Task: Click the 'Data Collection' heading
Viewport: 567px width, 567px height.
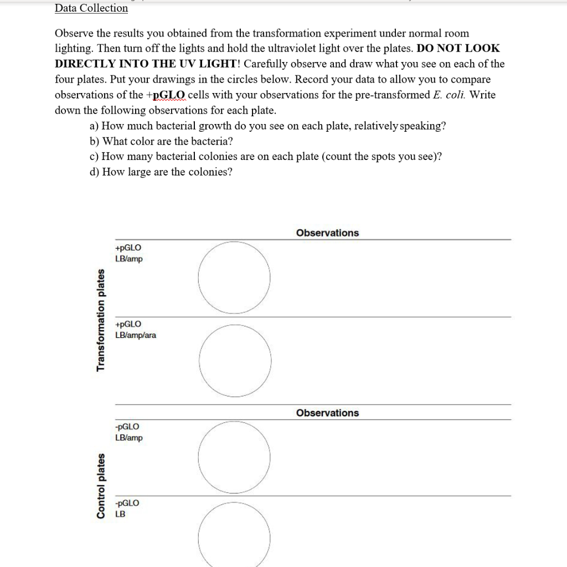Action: (91, 8)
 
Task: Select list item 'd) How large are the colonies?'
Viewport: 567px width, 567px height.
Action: (161, 172)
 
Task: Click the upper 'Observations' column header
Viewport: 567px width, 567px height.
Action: (327, 233)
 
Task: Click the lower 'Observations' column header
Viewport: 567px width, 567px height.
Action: (327, 413)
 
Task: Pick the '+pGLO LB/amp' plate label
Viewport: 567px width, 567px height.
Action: (128, 254)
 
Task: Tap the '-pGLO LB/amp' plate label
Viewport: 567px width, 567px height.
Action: (128, 432)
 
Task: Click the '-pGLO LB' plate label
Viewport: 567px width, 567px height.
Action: (126, 508)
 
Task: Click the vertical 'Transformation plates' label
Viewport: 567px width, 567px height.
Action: (101, 319)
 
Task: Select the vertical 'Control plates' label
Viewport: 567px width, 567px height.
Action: (101, 486)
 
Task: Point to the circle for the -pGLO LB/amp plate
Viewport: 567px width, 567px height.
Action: (235, 457)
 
